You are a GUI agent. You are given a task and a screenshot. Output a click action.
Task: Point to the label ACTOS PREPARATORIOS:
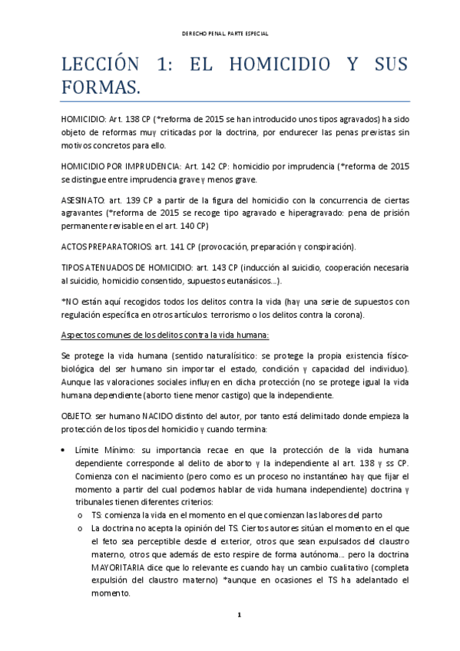pyautogui.click(x=105, y=246)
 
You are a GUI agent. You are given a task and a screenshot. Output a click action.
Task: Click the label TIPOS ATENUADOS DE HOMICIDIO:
pyautogui.click(x=122, y=267)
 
